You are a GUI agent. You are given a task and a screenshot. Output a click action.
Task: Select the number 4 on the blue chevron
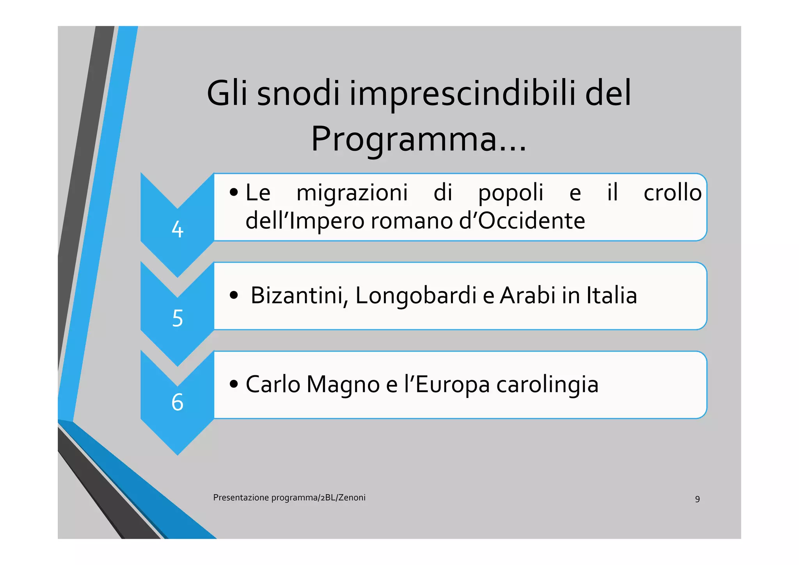point(178,229)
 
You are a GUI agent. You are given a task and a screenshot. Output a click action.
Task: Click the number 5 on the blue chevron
point(178,318)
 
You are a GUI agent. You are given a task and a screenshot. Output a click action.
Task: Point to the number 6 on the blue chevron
point(178,402)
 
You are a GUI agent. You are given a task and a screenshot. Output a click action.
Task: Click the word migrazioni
point(352,193)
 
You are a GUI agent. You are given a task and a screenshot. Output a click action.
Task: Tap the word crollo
point(672,193)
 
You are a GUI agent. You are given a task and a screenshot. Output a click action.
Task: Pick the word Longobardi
point(416,296)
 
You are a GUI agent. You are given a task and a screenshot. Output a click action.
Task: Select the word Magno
point(343,385)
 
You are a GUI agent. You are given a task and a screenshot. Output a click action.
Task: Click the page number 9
point(697,499)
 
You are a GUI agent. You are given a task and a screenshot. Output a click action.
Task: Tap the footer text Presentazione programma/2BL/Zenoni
point(289,497)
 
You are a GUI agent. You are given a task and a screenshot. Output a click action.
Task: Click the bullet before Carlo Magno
point(234,384)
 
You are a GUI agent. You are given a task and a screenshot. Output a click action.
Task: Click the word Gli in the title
point(227,94)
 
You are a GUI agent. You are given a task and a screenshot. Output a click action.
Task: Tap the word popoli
point(511,193)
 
